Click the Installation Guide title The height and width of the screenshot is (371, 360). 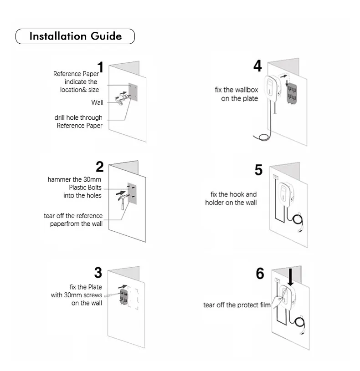pyautogui.click(x=75, y=36)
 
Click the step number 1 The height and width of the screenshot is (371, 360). pyautogui.click(x=100, y=67)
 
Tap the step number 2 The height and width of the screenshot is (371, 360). pyautogui.click(x=99, y=167)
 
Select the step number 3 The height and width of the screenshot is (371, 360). pyautogui.click(x=98, y=273)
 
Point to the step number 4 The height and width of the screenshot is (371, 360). pyautogui.click(x=257, y=66)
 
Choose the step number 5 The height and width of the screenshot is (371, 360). pyautogui.click(x=258, y=170)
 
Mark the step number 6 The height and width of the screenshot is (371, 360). pyautogui.click(x=260, y=274)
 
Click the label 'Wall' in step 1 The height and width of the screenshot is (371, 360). pyautogui.click(x=97, y=102)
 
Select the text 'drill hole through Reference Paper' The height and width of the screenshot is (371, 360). pyautogui.click(x=79, y=122)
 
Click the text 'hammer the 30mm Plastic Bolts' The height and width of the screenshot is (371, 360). pyautogui.click(x=75, y=183)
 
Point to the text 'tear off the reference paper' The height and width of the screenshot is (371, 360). pyautogui.click(x=73, y=220)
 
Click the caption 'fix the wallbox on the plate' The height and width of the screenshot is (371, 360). pyautogui.click(x=237, y=94)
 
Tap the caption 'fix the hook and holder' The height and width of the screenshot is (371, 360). pyautogui.click(x=231, y=198)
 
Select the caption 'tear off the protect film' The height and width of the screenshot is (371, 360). pyautogui.click(x=237, y=305)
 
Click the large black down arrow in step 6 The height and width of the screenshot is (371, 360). pyautogui.click(x=290, y=277)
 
